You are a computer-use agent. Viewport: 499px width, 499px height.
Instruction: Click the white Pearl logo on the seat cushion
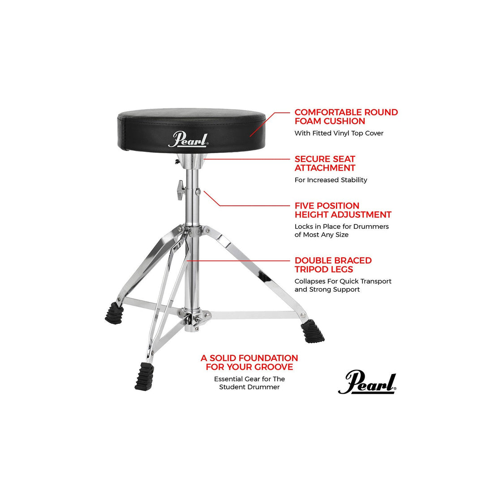click(x=188, y=139)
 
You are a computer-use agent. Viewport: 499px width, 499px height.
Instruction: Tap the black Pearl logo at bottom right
click(x=367, y=383)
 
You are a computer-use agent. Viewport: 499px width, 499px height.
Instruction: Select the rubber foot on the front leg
click(x=144, y=375)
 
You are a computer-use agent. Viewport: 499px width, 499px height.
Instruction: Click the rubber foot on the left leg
click(x=114, y=313)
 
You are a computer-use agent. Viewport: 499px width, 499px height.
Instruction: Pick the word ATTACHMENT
click(x=325, y=168)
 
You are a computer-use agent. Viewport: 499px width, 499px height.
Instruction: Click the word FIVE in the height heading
click(x=306, y=206)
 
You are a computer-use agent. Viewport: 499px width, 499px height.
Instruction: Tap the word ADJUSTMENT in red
click(x=361, y=215)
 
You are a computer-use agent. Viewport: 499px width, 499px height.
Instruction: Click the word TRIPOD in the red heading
click(x=311, y=269)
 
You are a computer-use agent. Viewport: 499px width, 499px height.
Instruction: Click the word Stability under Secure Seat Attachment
click(x=352, y=180)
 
